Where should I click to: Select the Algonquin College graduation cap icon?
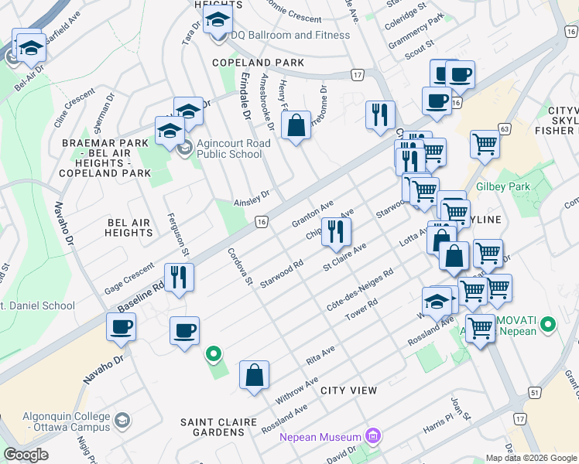point(122,420)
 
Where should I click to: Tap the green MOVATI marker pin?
point(549,323)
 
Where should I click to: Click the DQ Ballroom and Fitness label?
point(289,35)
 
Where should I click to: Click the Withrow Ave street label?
point(296,391)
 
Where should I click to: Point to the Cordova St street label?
point(240,265)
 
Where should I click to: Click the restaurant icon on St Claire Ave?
point(336,231)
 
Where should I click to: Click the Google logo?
point(26,455)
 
